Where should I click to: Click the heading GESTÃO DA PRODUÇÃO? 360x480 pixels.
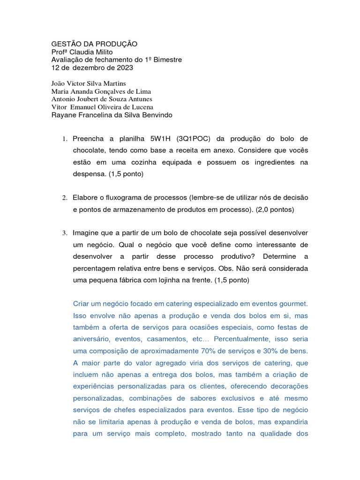94,44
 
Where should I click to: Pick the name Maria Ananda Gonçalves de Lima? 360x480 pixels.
101,91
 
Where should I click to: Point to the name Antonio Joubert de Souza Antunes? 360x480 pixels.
101,99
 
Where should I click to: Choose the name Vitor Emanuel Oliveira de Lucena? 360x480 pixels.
102,107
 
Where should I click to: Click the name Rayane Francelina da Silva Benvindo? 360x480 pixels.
112,115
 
